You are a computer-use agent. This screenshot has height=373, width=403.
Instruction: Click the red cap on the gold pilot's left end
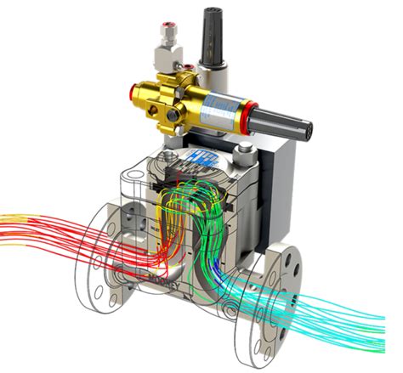133,88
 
